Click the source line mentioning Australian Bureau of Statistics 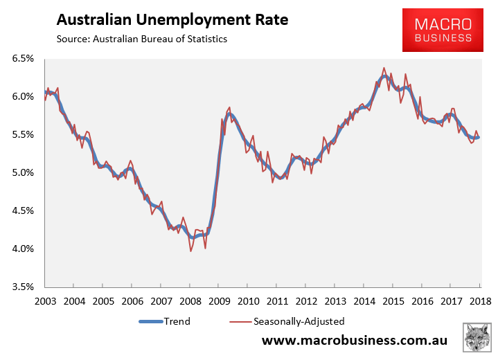pyautogui.click(x=141, y=39)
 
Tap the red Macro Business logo pyautogui.click(x=443, y=30)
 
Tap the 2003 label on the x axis pyautogui.click(x=45, y=302)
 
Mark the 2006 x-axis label pyautogui.click(x=132, y=302)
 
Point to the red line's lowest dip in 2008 pyautogui.click(x=191, y=251)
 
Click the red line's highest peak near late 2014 pyautogui.click(x=384, y=68)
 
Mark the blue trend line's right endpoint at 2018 pyautogui.click(x=478, y=137)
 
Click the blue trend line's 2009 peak pyautogui.click(x=230, y=114)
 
